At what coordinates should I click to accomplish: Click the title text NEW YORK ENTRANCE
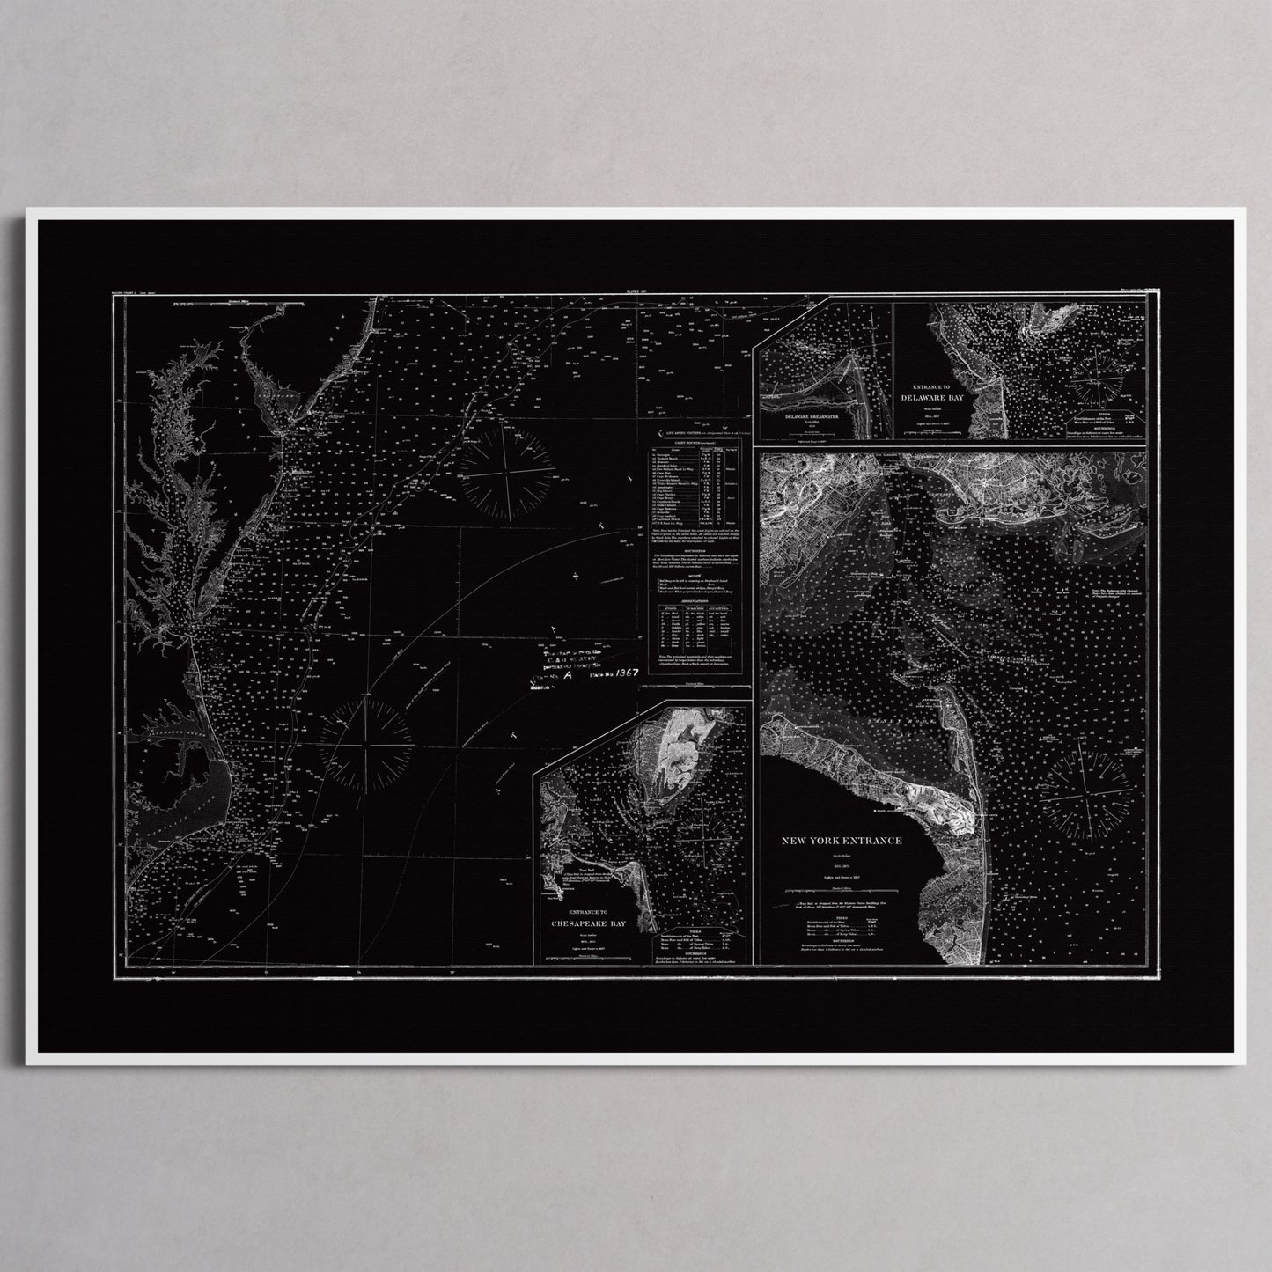(x=842, y=841)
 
